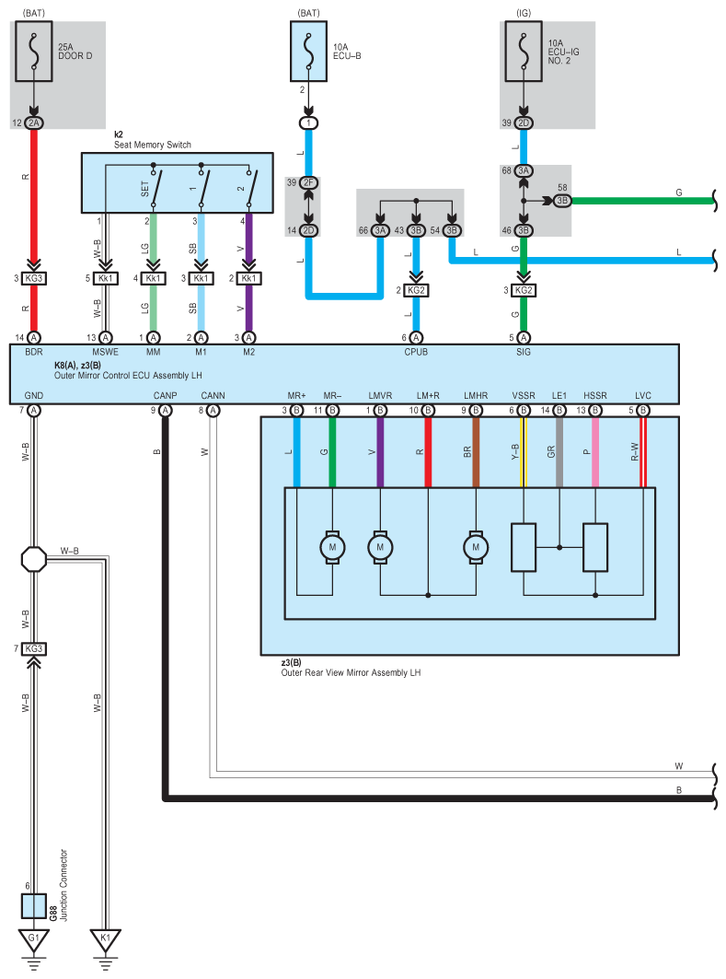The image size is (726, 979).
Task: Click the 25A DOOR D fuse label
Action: coord(76,50)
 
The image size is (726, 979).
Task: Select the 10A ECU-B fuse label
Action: coord(348,50)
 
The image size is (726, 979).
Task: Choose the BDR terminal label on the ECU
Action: coord(33,352)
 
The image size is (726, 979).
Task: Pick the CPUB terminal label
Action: coord(416,352)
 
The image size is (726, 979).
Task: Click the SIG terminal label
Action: coord(523,352)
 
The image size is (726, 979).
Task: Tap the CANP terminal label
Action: coord(165,396)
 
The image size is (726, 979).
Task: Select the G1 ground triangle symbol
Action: coord(33,938)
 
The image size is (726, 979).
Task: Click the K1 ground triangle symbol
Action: coord(105,938)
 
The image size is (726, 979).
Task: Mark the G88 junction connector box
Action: coord(34,906)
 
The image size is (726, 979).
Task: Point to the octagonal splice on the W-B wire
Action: coord(33,559)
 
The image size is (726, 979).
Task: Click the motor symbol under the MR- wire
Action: coord(332,547)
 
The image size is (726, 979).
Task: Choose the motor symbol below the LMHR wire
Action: coord(476,547)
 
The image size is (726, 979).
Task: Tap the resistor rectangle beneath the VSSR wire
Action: coord(523,547)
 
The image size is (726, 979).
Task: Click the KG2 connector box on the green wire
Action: coord(523,291)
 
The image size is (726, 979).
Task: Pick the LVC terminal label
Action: coord(642,396)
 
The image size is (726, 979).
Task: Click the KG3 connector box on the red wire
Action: coord(34,278)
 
